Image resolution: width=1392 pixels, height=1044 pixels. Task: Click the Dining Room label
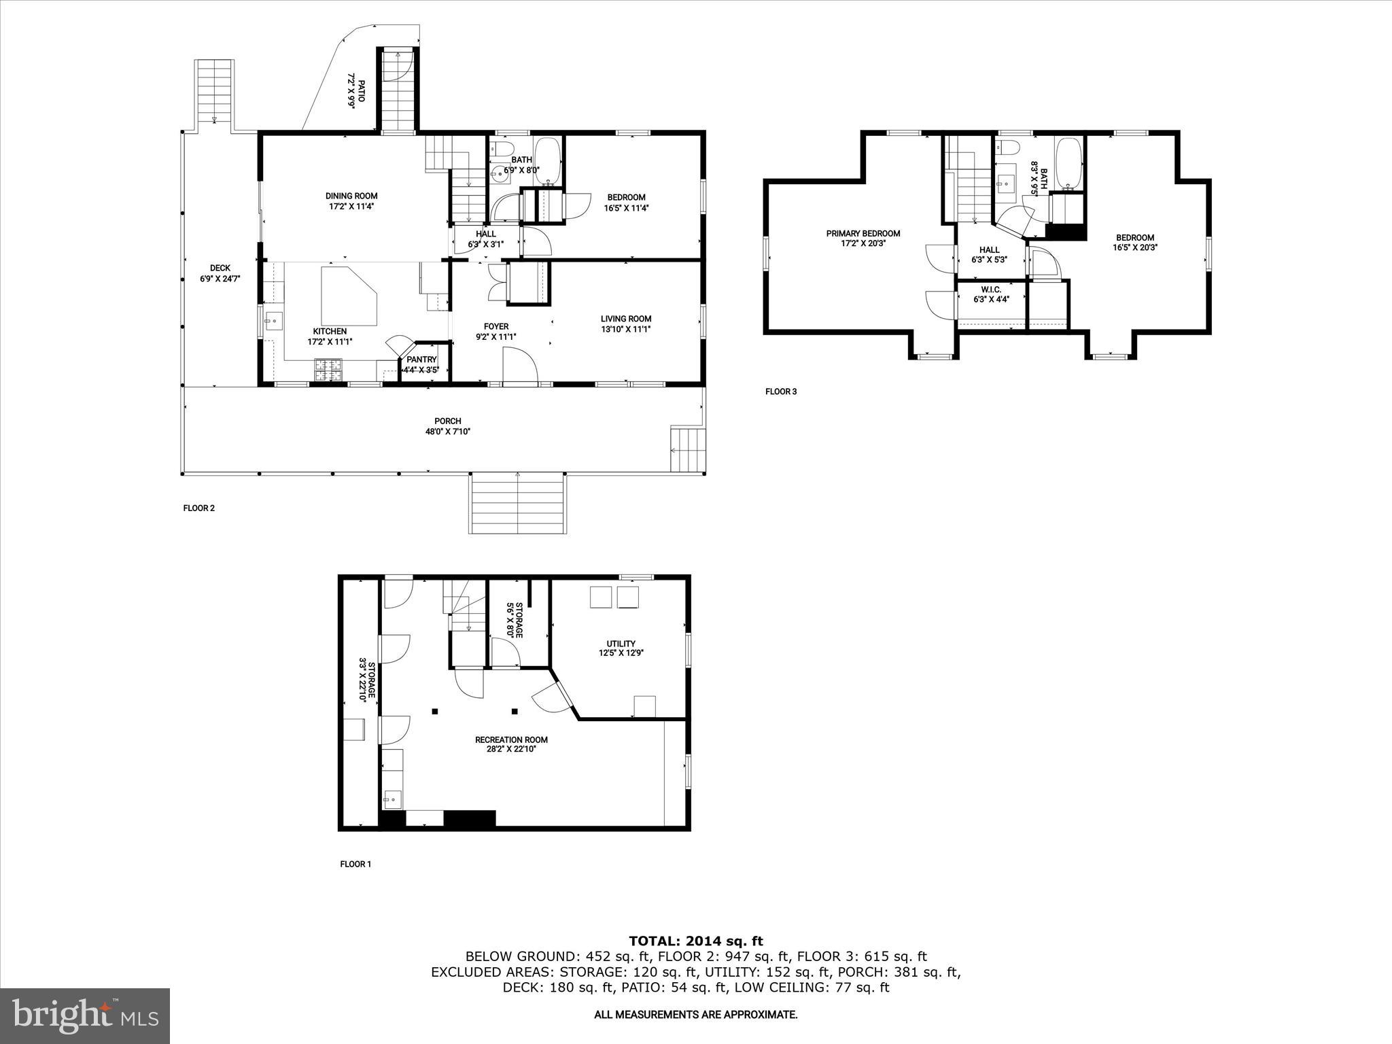(351, 196)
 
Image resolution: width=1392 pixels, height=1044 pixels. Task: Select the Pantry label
(421, 360)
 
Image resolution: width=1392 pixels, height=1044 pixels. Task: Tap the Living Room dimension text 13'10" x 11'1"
(625, 329)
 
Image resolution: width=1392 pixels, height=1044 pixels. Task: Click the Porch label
(447, 421)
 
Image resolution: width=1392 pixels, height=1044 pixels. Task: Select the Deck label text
(220, 268)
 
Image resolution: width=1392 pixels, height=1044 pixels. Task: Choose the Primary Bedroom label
(863, 233)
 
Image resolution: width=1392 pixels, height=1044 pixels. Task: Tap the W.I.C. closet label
(991, 290)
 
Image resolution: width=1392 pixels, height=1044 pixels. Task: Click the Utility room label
(621, 644)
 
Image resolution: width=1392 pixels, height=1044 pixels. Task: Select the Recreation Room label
(511, 739)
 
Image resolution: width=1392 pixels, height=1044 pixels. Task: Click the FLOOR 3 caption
(780, 391)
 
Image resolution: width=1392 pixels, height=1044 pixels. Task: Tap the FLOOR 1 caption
(355, 864)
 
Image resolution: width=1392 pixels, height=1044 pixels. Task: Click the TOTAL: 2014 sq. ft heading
(695, 941)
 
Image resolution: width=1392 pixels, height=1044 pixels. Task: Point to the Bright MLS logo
(85, 1015)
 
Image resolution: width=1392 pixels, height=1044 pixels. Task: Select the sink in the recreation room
(391, 799)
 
